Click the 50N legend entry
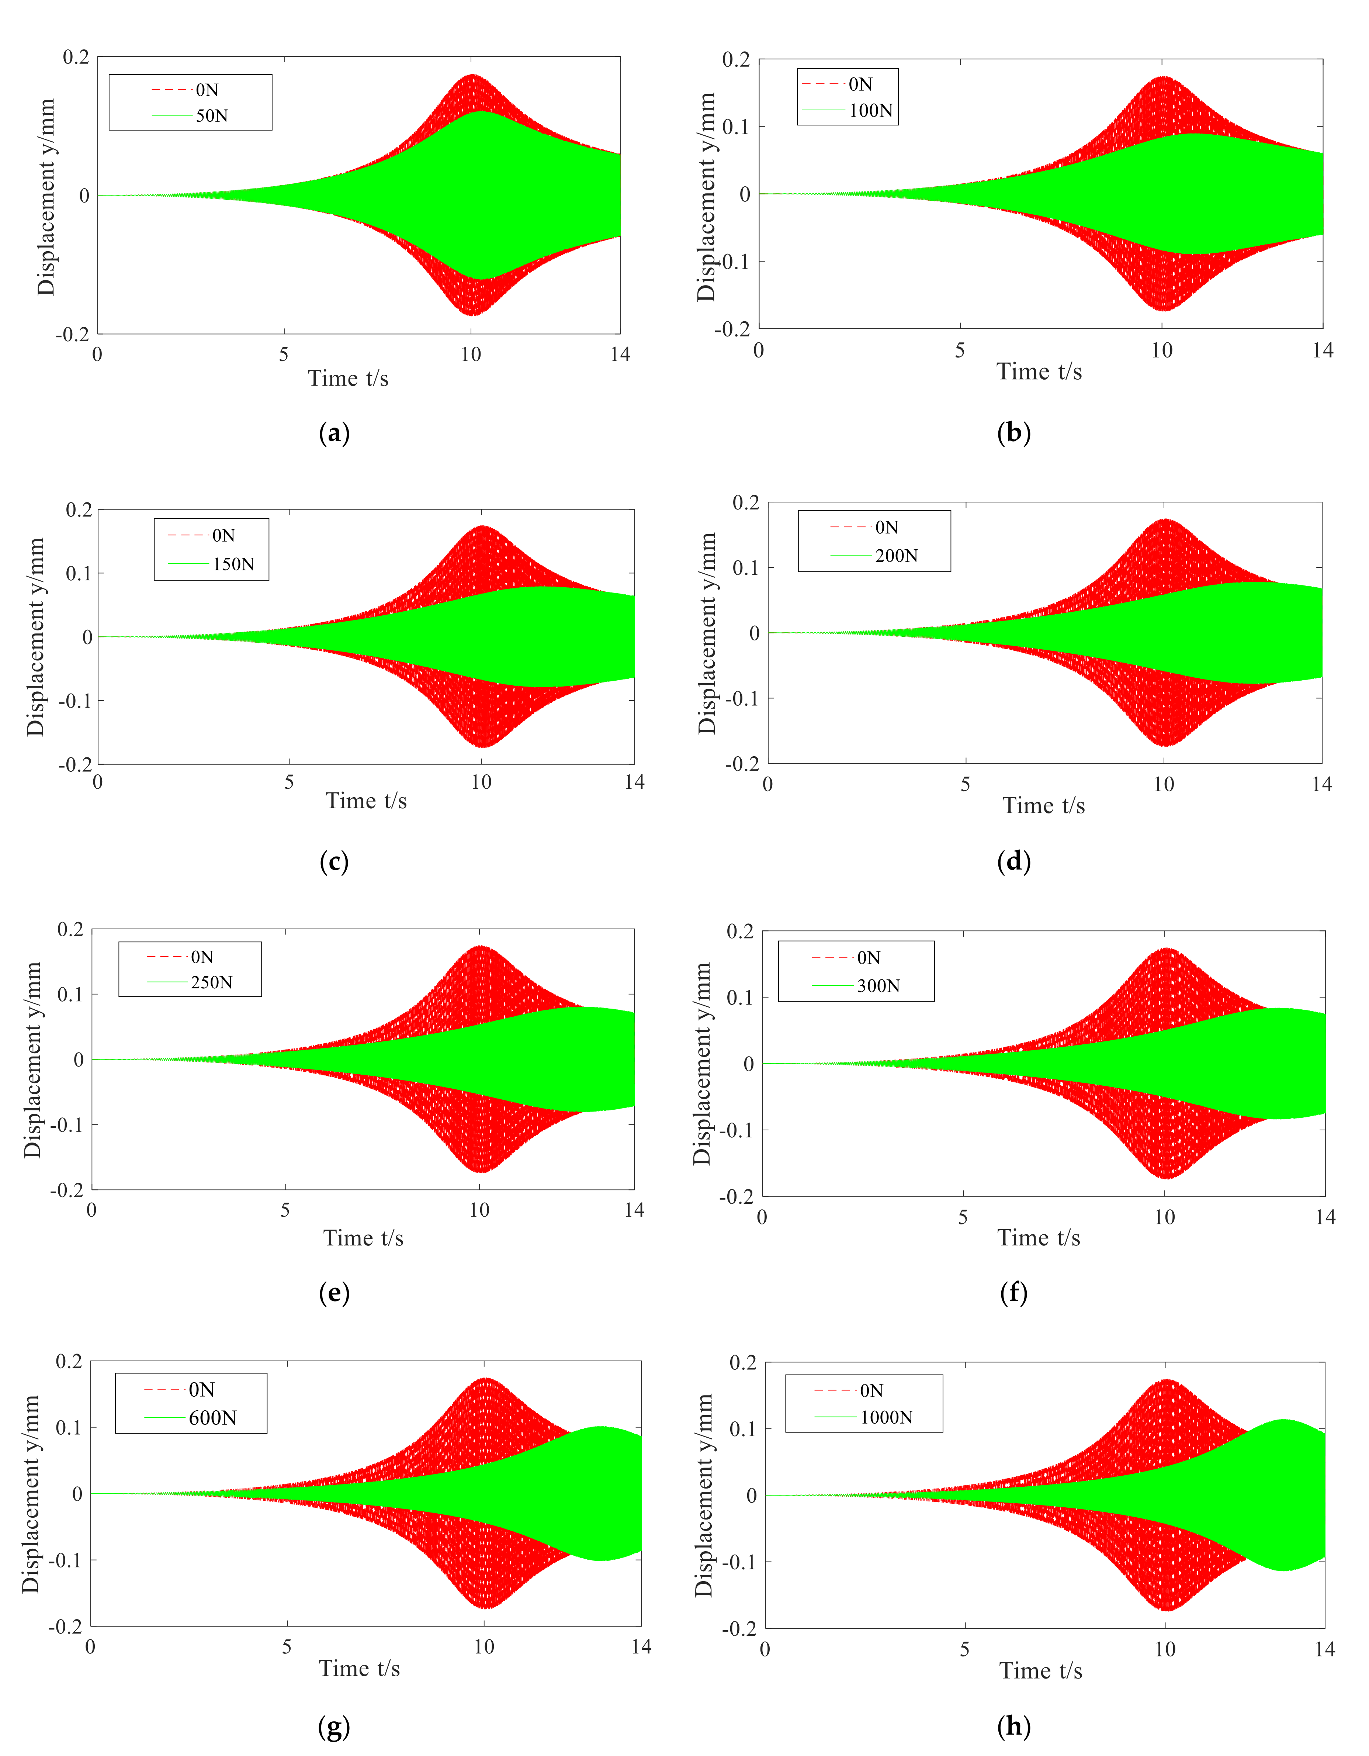coord(211,116)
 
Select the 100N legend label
coord(871,111)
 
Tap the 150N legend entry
coord(233,564)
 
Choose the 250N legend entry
coord(211,982)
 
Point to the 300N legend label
coord(878,986)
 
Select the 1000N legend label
coord(886,1417)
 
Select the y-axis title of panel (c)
coord(35,637)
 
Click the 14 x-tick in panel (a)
coord(620,355)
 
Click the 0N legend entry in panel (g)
coord(201,1390)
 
